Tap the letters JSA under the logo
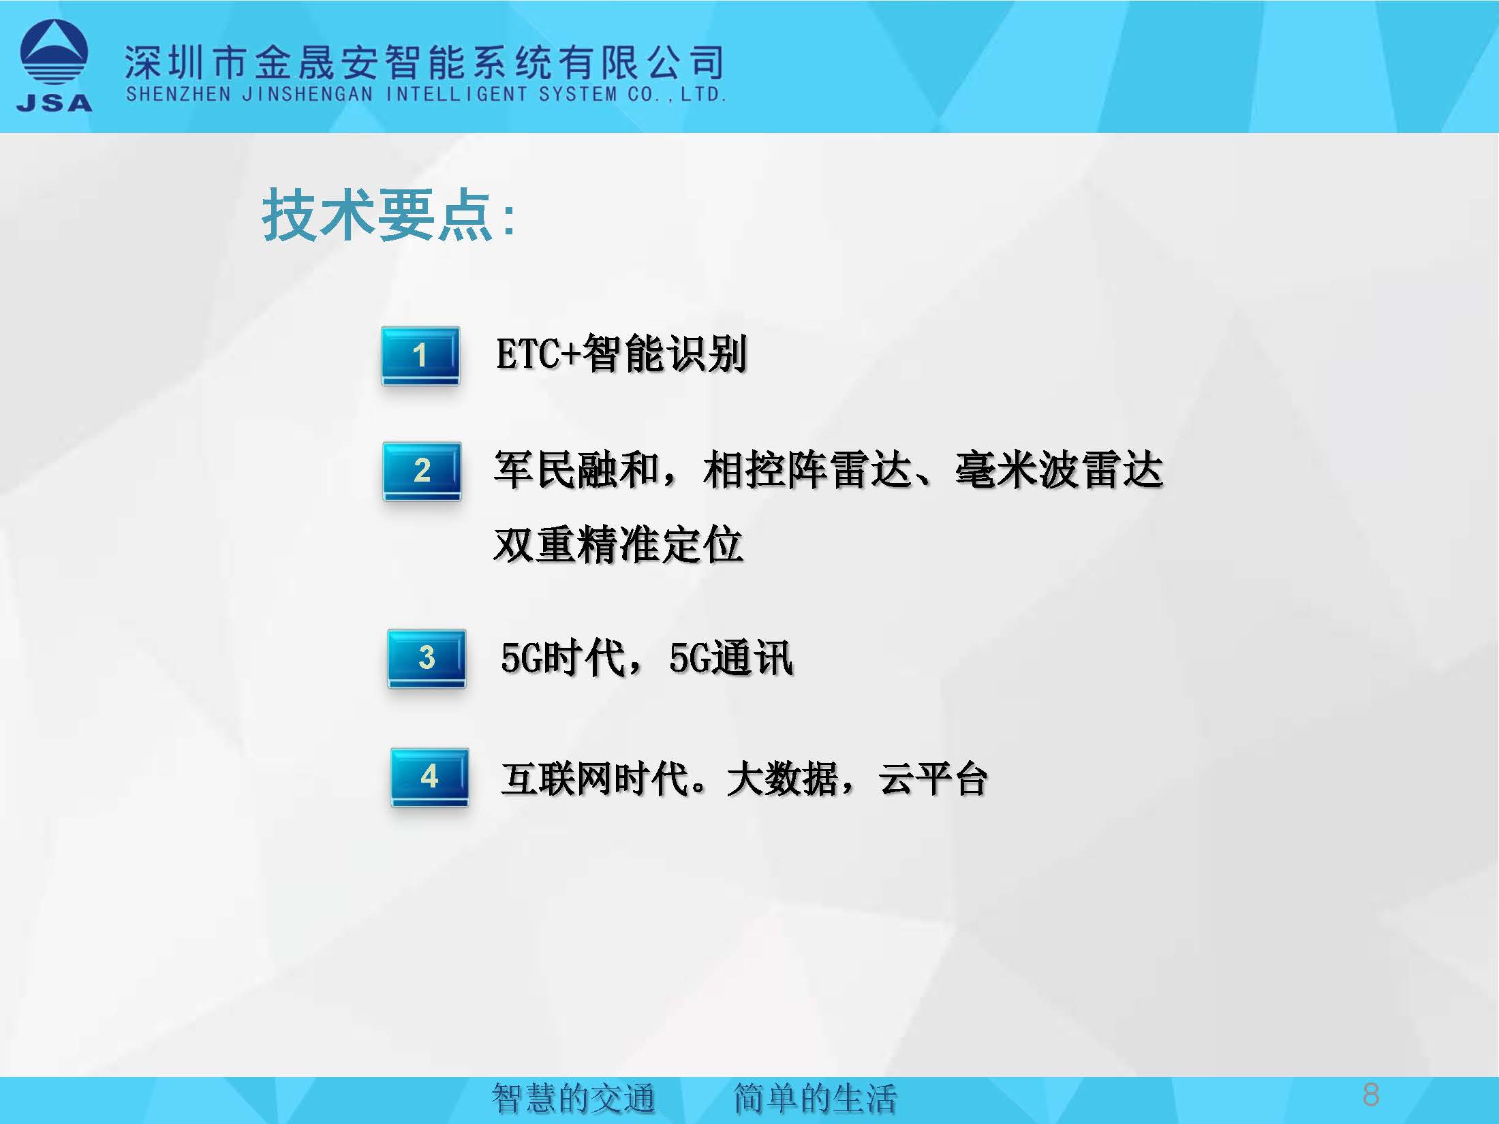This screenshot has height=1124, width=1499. pyautogui.click(x=55, y=104)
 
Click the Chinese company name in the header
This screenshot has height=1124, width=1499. pyautogui.click(x=424, y=63)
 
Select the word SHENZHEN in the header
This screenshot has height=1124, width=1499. pyautogui.click(x=179, y=94)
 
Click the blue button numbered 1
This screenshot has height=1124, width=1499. pyautogui.click(x=420, y=356)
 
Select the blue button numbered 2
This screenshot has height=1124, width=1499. pyautogui.click(x=422, y=471)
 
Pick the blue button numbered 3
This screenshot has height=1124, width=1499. pyautogui.click(x=427, y=658)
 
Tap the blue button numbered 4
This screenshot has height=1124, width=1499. pyautogui.click(x=429, y=777)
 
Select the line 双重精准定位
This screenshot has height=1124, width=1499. pyautogui.click(x=618, y=544)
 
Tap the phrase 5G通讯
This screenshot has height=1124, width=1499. pyautogui.click(x=731, y=658)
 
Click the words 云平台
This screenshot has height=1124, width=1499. pyautogui.click(x=933, y=778)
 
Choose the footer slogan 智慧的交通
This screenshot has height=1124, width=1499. pyautogui.click(x=573, y=1098)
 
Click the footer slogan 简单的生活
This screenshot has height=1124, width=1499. pyautogui.click(x=815, y=1098)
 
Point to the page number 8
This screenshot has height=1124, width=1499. pyautogui.click(x=1371, y=1095)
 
